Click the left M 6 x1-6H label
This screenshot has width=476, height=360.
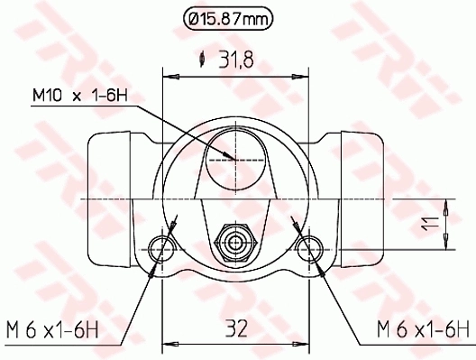[x=52, y=327]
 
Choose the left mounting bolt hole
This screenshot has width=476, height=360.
[x=163, y=245]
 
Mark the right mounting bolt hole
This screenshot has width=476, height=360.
[x=309, y=245]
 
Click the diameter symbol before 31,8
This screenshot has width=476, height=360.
[x=205, y=60]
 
